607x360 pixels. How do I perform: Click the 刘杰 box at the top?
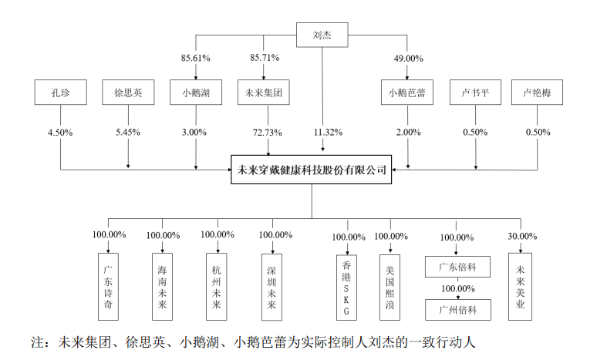pyautogui.click(x=322, y=35)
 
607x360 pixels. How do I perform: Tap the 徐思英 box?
pyautogui.click(x=127, y=94)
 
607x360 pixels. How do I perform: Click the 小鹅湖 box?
pyautogui.click(x=196, y=94)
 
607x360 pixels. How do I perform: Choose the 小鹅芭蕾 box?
pyautogui.click(x=408, y=94)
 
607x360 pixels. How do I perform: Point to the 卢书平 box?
pyautogui.click(x=476, y=94)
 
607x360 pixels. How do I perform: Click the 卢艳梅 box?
pyautogui.click(x=535, y=94)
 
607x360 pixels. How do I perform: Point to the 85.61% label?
pyautogui.click(x=196, y=58)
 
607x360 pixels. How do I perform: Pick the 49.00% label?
pyautogui.click(x=408, y=58)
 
